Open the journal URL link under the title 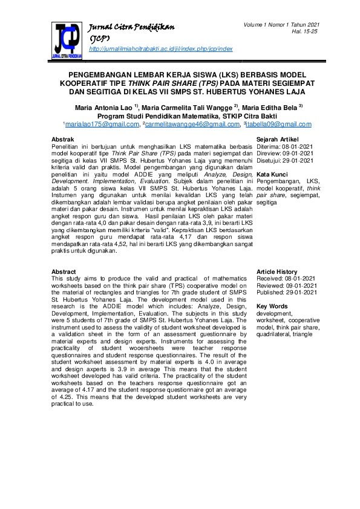coord(160,48)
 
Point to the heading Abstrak coord(64,140)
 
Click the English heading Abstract coord(64,272)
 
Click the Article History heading coord(277,272)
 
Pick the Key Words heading coord(272,306)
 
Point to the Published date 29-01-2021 coord(301,292)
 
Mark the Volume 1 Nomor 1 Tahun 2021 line coord(282,24)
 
